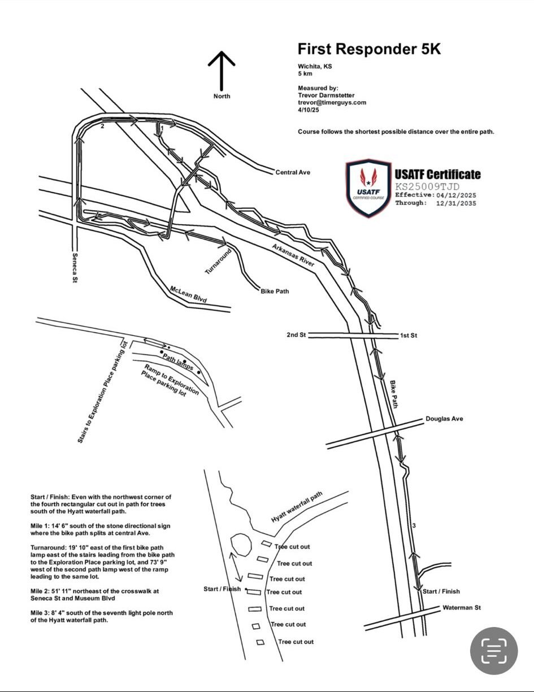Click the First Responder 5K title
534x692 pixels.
coord(369,49)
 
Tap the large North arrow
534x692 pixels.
coord(222,71)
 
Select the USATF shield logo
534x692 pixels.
coord(368,188)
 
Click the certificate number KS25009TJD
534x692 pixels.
coord(427,186)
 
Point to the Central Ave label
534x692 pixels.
coord(293,172)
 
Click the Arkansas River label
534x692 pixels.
coord(293,255)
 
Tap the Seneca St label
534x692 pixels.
coord(75,268)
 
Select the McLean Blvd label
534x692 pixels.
coord(188,294)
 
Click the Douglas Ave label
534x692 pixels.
coord(444,419)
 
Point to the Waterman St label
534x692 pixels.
coord(462,608)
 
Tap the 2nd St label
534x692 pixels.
coord(296,334)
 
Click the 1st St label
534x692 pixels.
coord(409,336)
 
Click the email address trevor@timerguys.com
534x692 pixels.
coord(332,103)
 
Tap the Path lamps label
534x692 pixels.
coord(177,362)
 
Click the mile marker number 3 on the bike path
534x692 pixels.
coord(414,525)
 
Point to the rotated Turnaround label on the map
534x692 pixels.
coord(218,262)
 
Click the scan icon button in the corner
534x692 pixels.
coord(494,651)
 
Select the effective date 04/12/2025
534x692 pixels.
coord(456,195)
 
